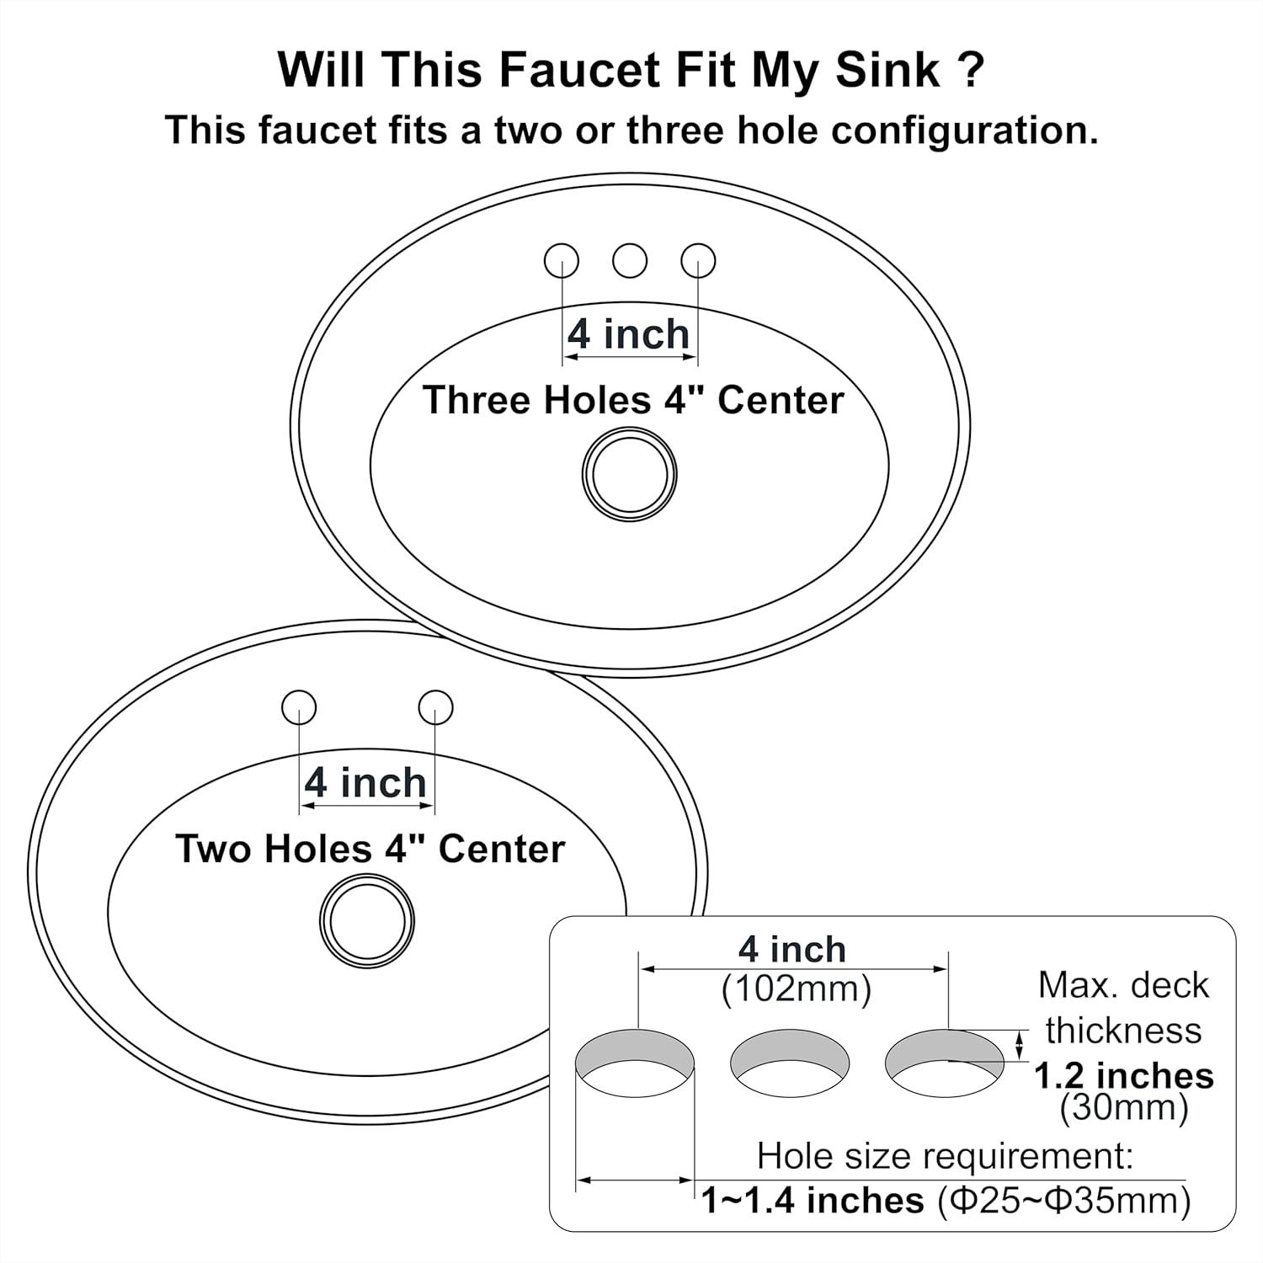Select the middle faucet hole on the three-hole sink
tap(630, 261)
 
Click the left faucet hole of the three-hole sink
tap(562, 261)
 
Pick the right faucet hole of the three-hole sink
tap(698, 261)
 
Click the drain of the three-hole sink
tap(629, 474)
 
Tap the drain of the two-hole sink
tap(367, 921)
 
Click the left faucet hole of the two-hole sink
tap(299, 707)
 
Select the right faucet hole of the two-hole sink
tap(435, 707)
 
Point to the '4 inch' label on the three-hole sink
tap(628, 334)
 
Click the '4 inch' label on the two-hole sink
tap(365, 783)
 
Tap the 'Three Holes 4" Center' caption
tap(632, 400)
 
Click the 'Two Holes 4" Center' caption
tap(370, 849)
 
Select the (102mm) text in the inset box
tap(796, 989)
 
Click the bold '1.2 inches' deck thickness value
tap(1123, 1075)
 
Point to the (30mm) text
tap(1123, 1108)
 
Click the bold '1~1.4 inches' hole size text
tap(813, 1200)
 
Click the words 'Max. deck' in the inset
tap(1123, 985)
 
